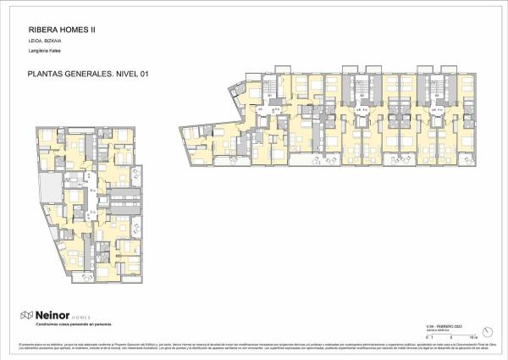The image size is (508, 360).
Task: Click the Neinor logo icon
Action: tap(27, 315)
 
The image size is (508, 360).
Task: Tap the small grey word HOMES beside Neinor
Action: tap(82, 316)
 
